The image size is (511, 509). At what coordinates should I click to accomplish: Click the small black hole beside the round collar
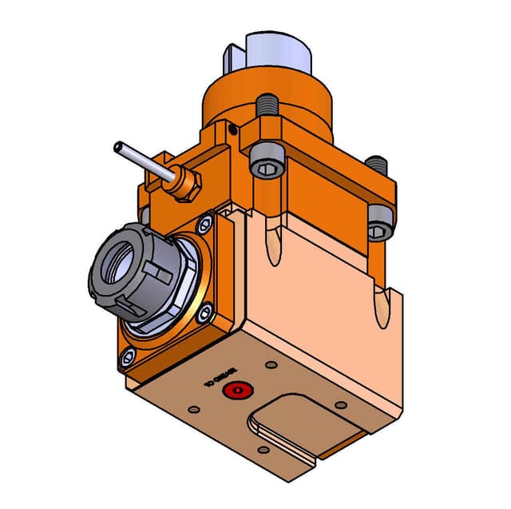pyautogui.click(x=231, y=128)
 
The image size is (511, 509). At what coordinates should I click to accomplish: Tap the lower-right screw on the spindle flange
pyautogui.click(x=206, y=313)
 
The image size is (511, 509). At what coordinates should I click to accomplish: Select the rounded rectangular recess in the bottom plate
pyautogui.click(x=291, y=424)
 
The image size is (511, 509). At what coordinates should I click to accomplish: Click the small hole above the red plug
pyautogui.click(x=271, y=364)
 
